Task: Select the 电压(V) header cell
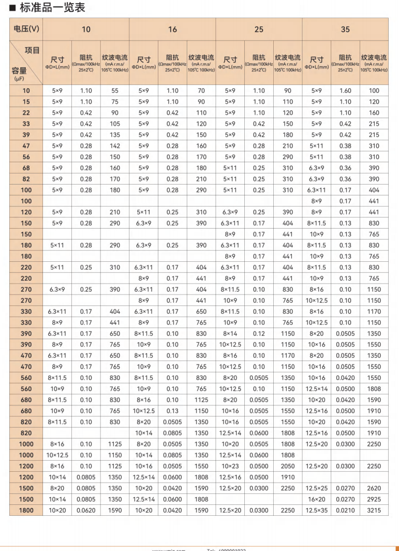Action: (25, 30)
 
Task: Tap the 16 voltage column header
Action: (172, 30)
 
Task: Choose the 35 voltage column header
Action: (345, 30)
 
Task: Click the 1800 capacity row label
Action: (26, 511)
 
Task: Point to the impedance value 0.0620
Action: (85, 511)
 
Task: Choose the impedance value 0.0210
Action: (345, 511)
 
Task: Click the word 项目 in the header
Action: (32, 50)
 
